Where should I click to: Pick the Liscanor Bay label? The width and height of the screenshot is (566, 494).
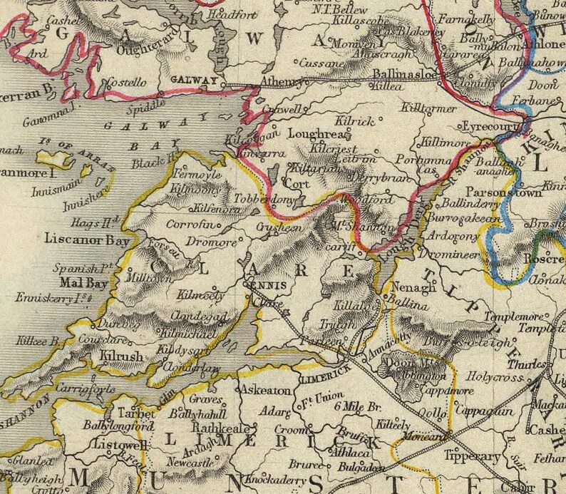87,241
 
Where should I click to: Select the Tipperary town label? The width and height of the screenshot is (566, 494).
471,456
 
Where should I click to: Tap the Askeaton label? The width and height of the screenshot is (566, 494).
266,391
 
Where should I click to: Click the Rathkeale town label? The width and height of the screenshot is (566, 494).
218,428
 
